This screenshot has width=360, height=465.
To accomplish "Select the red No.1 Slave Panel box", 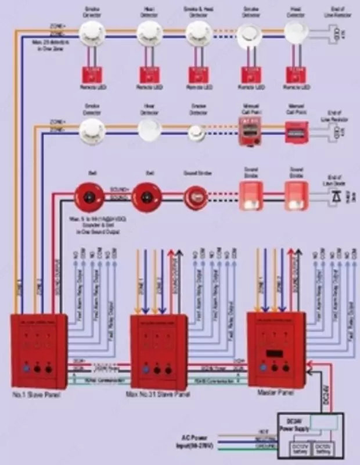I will coord(39,351).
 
